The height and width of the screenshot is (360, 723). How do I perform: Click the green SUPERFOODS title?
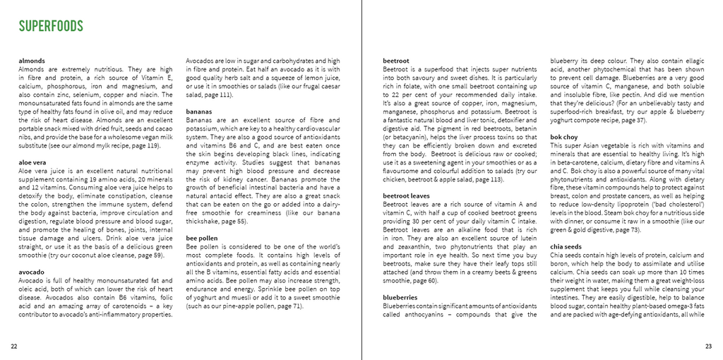[51, 27]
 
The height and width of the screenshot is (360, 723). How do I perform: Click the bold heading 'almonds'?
[32, 61]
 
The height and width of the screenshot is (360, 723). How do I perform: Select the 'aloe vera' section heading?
[33, 162]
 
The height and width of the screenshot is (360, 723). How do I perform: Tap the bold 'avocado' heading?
[31, 272]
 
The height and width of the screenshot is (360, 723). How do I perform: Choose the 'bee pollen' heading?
[202, 239]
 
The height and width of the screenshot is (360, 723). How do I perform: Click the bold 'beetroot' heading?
[396, 61]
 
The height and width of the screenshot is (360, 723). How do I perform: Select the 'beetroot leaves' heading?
[407, 196]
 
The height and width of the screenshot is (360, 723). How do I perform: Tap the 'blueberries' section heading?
[400, 297]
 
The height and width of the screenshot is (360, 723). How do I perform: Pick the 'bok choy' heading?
[564, 137]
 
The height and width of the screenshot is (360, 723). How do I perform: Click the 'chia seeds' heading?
[566, 246]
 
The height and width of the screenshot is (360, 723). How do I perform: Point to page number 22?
[14, 346]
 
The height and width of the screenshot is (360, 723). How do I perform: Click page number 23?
[708, 346]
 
